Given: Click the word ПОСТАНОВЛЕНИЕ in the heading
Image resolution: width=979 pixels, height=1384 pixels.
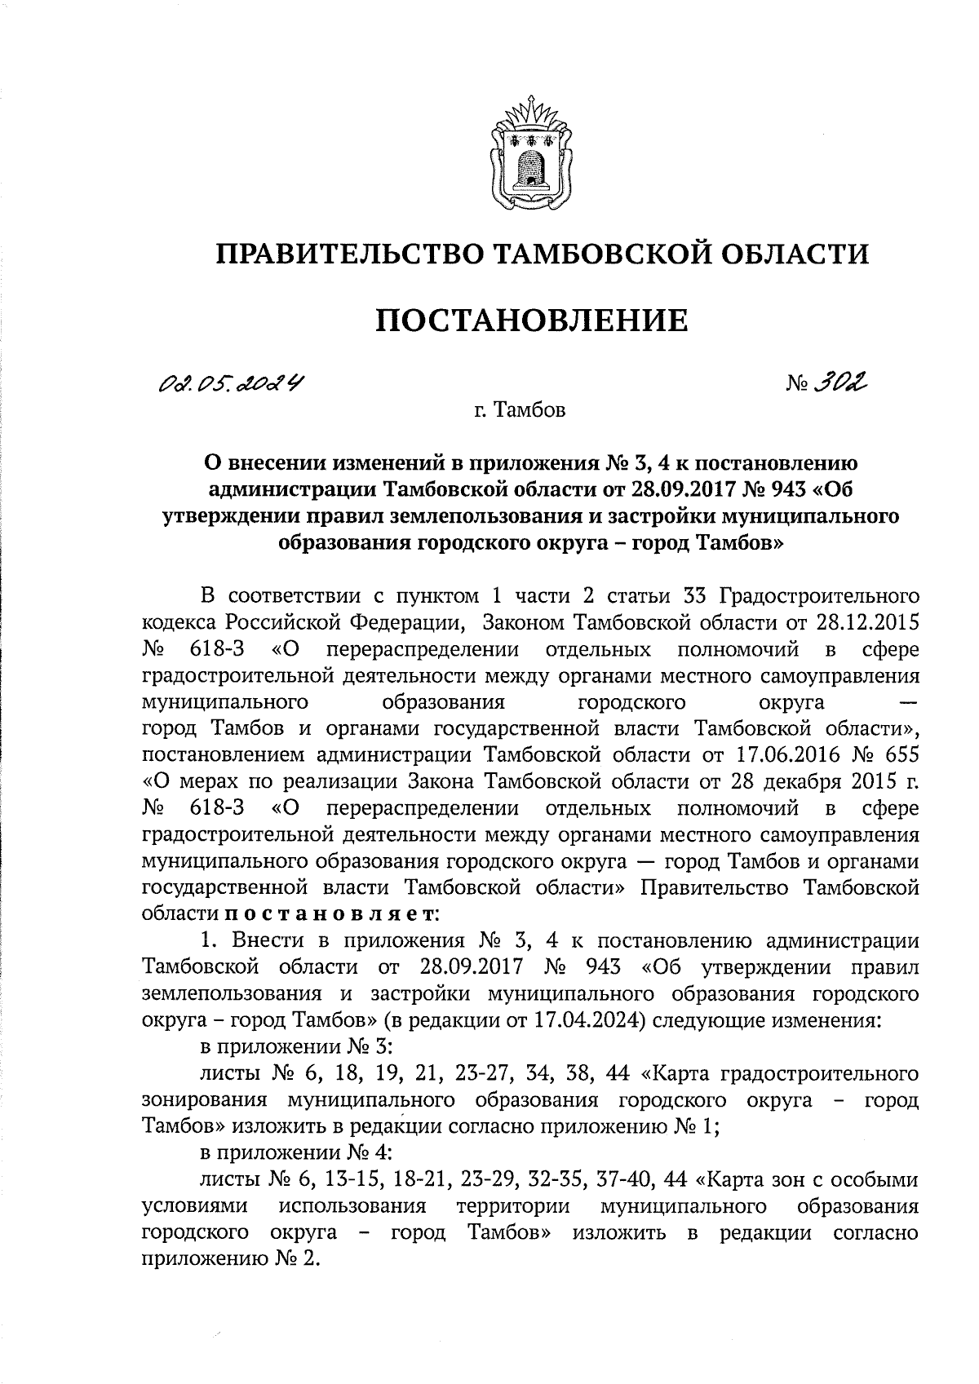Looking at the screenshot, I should (x=531, y=321).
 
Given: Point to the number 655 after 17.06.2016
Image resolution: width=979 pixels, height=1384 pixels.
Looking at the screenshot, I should (x=901, y=755).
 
